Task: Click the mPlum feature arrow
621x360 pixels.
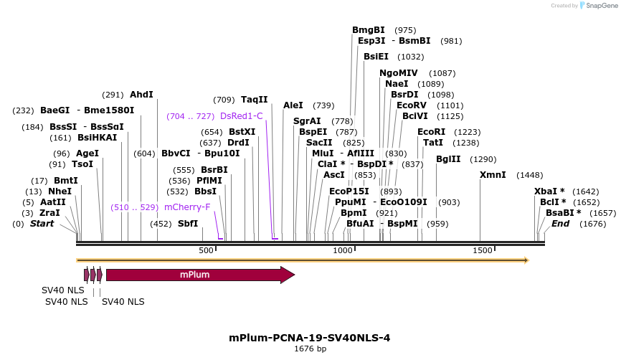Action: [194, 275]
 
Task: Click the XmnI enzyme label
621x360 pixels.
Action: [493, 175]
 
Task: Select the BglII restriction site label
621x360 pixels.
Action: [448, 159]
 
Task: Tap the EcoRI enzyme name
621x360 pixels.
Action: [431, 132]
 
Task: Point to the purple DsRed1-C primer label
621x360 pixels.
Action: [242, 116]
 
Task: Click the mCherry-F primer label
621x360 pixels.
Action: [187, 207]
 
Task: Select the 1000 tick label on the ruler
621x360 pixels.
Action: [343, 250]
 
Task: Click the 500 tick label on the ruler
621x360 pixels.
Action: [206, 250]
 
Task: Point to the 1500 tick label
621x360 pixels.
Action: [483, 250]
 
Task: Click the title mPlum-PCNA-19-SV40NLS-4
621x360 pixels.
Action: [310, 338]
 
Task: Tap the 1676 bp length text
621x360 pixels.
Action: [310, 349]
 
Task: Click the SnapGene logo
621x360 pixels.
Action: [598, 6]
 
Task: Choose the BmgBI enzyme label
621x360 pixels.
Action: [369, 30]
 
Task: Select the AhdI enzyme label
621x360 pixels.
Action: [141, 95]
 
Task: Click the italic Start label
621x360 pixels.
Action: [42, 224]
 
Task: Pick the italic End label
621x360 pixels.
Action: [560, 224]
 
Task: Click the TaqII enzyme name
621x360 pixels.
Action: [254, 100]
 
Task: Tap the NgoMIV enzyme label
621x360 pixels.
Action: [399, 73]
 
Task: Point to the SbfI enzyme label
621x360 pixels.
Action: [187, 224]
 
